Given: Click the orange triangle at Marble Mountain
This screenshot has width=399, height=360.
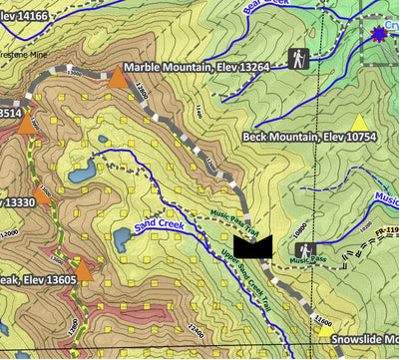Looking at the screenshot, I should (x=118, y=78).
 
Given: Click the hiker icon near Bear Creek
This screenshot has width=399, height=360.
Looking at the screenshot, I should (x=298, y=58).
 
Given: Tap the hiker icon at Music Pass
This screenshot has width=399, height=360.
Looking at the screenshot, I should (x=303, y=249).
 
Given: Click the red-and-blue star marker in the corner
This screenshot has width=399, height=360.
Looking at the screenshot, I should (x=379, y=34).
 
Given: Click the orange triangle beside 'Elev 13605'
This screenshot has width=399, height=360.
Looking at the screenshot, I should (x=84, y=269).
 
